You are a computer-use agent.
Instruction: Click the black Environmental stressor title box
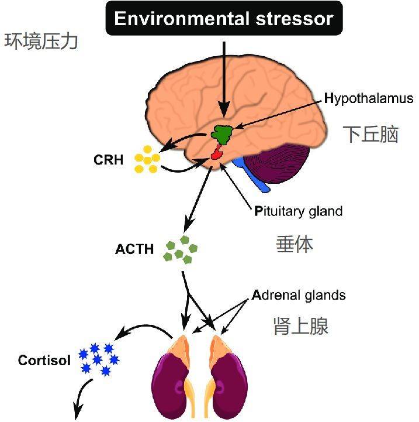click(x=224, y=18)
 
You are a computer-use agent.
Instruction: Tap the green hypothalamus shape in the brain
click(x=222, y=134)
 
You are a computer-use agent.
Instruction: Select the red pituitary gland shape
click(x=217, y=153)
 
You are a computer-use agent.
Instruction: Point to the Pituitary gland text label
click(x=299, y=211)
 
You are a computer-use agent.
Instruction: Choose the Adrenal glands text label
click(x=299, y=296)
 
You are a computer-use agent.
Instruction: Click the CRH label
click(x=109, y=160)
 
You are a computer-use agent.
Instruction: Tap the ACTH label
click(x=134, y=249)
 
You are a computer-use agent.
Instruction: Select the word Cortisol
click(x=44, y=361)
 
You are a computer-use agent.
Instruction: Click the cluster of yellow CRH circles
click(x=147, y=159)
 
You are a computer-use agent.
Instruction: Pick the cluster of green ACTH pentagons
click(x=181, y=250)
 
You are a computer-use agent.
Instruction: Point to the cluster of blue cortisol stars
click(x=99, y=359)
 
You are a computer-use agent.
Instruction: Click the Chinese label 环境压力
click(x=41, y=42)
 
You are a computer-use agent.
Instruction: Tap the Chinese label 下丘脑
click(x=370, y=134)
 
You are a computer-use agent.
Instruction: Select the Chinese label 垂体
click(x=295, y=244)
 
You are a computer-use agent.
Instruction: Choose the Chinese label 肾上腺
click(x=301, y=326)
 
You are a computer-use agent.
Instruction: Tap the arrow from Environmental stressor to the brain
click(x=224, y=80)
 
